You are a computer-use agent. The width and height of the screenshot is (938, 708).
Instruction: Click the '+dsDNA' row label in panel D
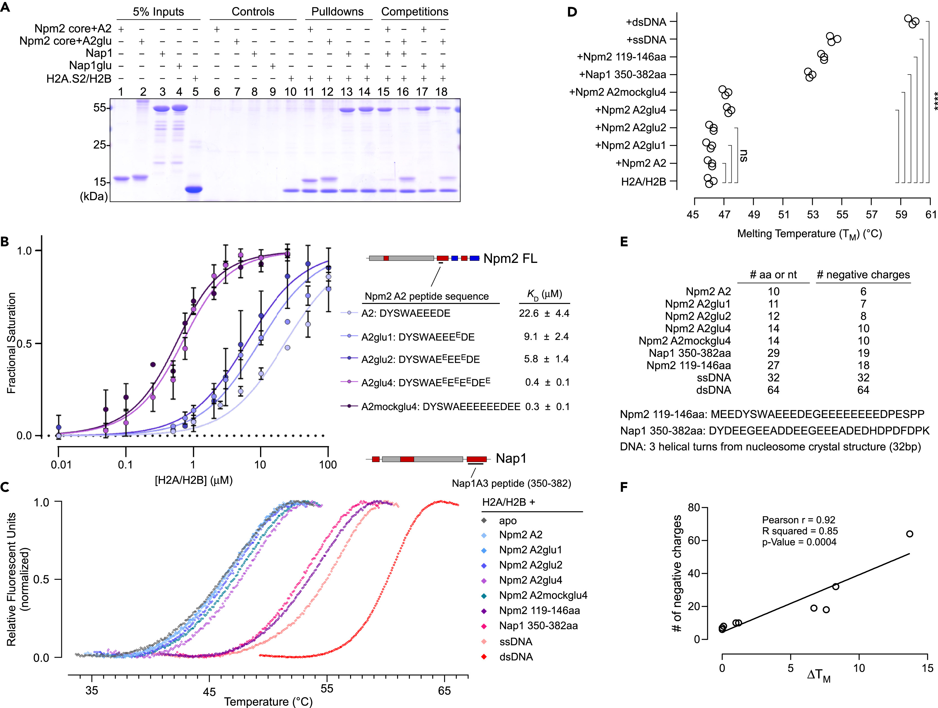point(646,22)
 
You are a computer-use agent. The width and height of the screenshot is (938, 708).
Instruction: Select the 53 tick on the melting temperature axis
point(812,214)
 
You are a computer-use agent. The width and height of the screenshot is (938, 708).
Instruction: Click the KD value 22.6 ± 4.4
point(544,314)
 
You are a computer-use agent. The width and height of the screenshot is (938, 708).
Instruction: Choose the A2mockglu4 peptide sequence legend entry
point(440,407)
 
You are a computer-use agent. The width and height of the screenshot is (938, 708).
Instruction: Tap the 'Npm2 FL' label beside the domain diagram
point(510,258)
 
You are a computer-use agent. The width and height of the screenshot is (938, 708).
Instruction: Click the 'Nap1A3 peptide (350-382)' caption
point(511,483)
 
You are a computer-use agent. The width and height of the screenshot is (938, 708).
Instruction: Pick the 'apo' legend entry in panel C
point(508,521)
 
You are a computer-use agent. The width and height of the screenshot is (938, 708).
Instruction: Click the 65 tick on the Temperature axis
point(444,691)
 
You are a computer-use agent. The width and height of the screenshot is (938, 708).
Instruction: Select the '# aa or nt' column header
point(773,275)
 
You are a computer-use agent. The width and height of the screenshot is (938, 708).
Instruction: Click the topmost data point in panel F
point(910,534)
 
